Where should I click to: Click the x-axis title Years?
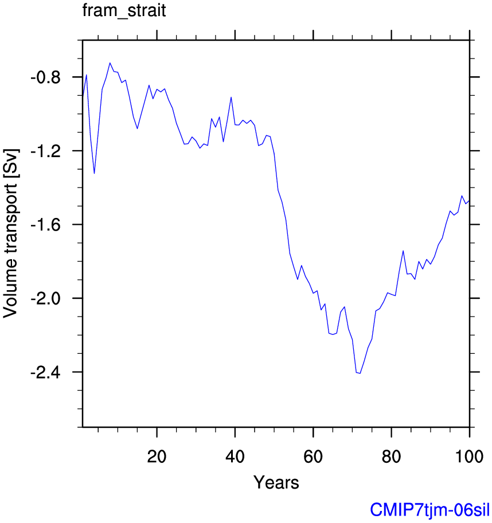pyautogui.click(x=276, y=482)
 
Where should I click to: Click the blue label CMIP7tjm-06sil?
pyautogui.click(x=430, y=509)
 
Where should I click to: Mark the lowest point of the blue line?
pyautogui.click(x=360, y=373)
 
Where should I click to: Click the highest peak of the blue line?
pyautogui.click(x=110, y=63)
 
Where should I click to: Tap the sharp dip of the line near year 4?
pyautogui.click(x=94, y=173)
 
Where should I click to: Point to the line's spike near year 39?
pyautogui.click(x=231, y=97)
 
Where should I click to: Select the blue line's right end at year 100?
pyautogui.click(x=469, y=200)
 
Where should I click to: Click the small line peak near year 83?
pyautogui.click(x=403, y=251)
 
